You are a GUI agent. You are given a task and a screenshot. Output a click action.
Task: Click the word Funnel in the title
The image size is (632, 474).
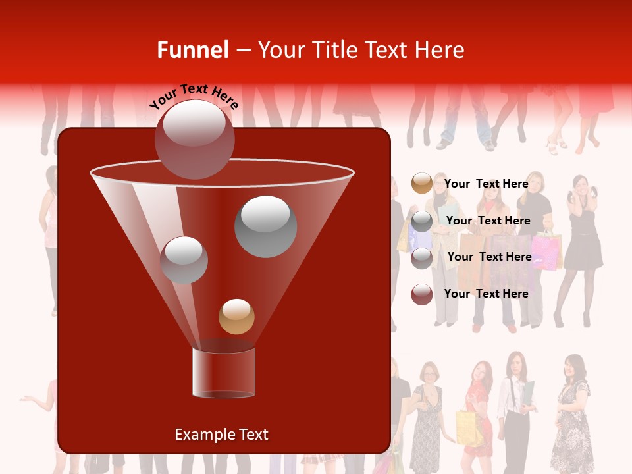[x=192, y=50]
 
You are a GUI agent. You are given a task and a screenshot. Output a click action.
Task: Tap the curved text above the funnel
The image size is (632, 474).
[x=194, y=96]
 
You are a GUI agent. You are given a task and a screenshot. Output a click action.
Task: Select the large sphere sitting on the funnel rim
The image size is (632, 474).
[x=194, y=139]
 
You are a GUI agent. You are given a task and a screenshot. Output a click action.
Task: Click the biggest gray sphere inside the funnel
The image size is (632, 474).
[x=265, y=226]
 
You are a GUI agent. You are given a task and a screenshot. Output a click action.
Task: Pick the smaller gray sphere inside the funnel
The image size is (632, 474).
[x=184, y=259]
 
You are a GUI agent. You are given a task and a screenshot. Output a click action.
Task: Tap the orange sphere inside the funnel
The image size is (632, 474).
[x=236, y=316]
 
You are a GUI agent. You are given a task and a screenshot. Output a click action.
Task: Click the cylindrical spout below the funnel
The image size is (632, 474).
[x=224, y=373]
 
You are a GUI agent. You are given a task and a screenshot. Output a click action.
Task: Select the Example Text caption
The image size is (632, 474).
[x=221, y=434]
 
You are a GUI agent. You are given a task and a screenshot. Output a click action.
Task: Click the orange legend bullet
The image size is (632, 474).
[x=421, y=184]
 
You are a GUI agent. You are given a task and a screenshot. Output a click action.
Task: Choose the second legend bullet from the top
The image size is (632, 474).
[x=421, y=221]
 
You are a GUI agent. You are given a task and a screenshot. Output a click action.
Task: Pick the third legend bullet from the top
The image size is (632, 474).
[x=421, y=257]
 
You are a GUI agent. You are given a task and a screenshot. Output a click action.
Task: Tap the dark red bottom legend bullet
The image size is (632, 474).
[x=421, y=294]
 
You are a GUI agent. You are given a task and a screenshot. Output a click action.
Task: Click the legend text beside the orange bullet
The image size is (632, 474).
[x=486, y=184]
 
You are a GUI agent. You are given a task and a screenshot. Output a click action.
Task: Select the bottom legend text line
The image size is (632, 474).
[x=486, y=294]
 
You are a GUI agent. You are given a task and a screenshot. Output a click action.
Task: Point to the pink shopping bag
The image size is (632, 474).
[x=545, y=251]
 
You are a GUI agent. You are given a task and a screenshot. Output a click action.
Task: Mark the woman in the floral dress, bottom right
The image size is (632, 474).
[x=571, y=415]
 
